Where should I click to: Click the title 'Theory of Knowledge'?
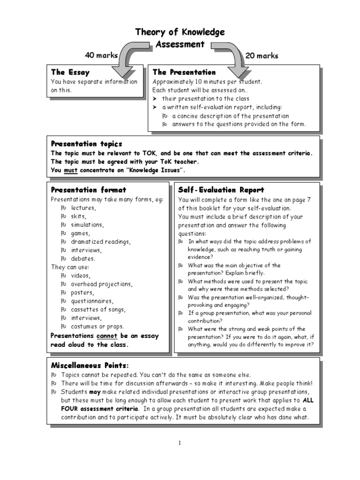pos(180,32)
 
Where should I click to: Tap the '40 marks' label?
pos(101,55)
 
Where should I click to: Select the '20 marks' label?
pos(262,56)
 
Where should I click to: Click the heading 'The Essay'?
pos(70,72)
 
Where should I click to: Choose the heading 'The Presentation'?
pos(184,72)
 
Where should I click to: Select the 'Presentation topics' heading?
pos(86,144)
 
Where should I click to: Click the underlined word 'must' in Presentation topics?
pos(70,170)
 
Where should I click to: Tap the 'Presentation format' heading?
pos(88,190)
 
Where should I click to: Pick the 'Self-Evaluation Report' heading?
pos(221,190)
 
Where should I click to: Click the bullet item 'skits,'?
pos(78,216)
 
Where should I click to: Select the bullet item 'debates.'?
pos(83,258)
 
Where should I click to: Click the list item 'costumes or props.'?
pos(97,326)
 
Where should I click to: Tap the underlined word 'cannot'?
pos(108,336)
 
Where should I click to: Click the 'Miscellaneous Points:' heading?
pos(89,365)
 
